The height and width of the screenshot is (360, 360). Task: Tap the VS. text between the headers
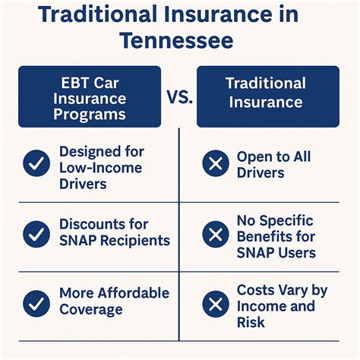pyautogui.click(x=179, y=96)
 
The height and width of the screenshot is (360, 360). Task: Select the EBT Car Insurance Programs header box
pyautogui.click(x=89, y=96)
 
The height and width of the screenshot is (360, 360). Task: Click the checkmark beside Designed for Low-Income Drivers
pyautogui.click(x=36, y=163)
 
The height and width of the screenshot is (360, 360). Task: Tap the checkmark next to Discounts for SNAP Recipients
pyautogui.click(x=36, y=233)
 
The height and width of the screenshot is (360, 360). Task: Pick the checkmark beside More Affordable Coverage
pyautogui.click(x=36, y=303)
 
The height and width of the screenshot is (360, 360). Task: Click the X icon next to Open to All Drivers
pyautogui.click(x=216, y=163)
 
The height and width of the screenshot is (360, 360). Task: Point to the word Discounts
pyautogui.click(x=93, y=225)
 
